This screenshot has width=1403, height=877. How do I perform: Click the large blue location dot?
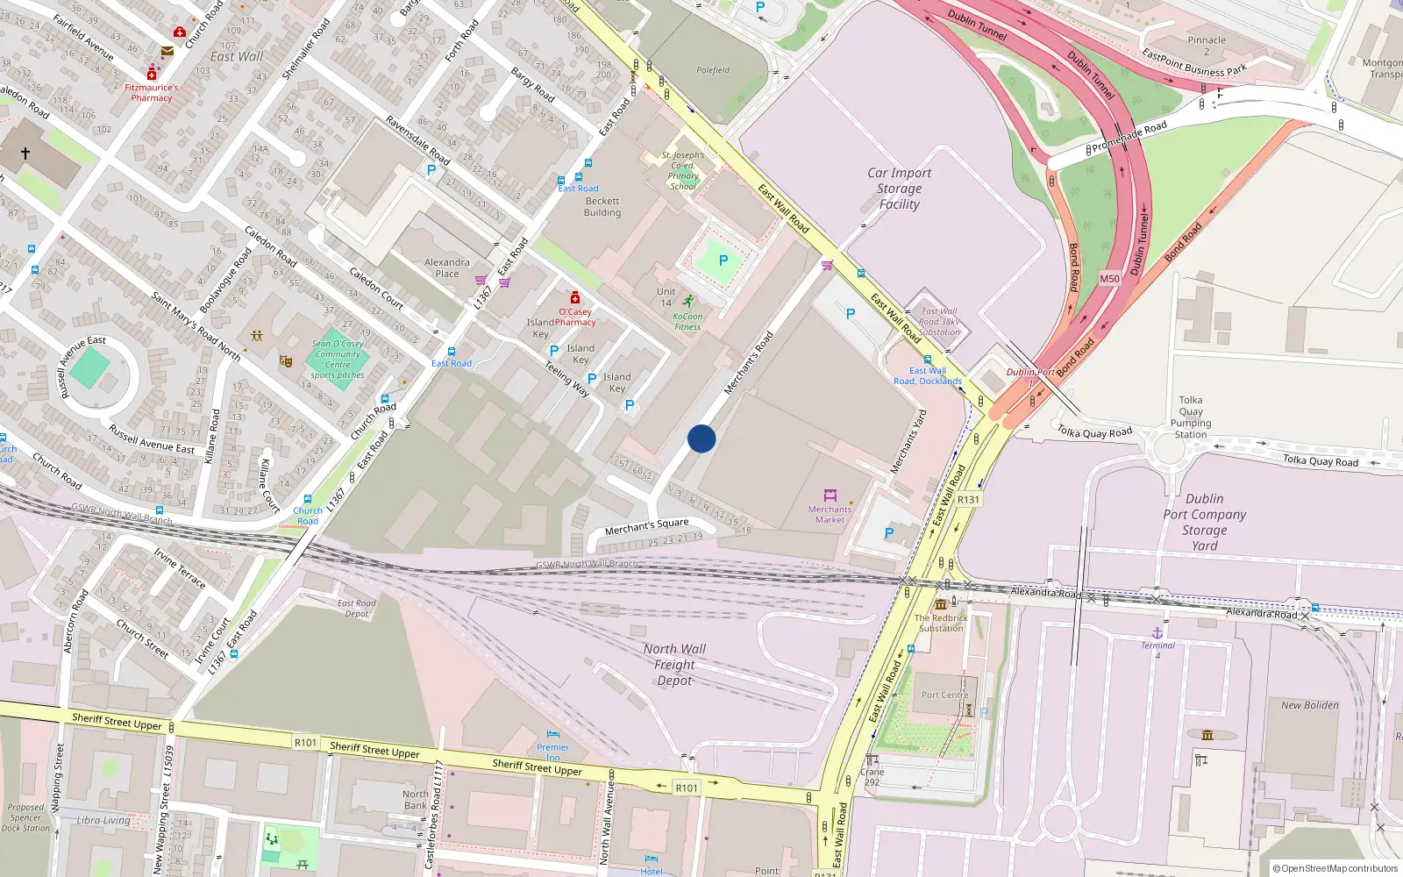point(701,438)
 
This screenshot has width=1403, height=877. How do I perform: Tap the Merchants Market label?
point(830,514)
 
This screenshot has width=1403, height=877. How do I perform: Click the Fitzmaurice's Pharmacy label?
point(151,92)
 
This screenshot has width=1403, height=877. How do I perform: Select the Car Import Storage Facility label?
point(900,189)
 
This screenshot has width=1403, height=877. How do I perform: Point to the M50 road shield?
point(1109,279)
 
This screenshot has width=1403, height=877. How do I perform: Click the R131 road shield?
point(968,499)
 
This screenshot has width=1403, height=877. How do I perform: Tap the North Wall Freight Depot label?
point(674,665)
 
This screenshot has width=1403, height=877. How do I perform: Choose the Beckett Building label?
point(602,207)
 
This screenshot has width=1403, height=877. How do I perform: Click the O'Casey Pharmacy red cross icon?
point(575,297)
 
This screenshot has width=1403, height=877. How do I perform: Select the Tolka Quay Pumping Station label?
point(1191,417)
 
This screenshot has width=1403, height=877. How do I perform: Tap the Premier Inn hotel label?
point(552,752)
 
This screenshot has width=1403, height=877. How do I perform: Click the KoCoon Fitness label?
point(687,322)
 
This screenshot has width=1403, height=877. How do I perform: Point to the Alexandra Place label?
point(447,267)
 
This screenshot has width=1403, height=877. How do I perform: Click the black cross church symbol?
point(25,153)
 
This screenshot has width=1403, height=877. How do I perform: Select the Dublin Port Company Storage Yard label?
point(1204,522)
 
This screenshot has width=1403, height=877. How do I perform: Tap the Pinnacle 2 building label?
point(1207,45)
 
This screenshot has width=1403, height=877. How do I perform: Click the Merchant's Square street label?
point(646,526)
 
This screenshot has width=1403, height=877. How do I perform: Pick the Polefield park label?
point(713,70)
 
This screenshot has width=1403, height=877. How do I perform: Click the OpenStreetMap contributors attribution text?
point(1335,868)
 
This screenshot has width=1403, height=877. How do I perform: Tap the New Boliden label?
point(1309,705)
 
